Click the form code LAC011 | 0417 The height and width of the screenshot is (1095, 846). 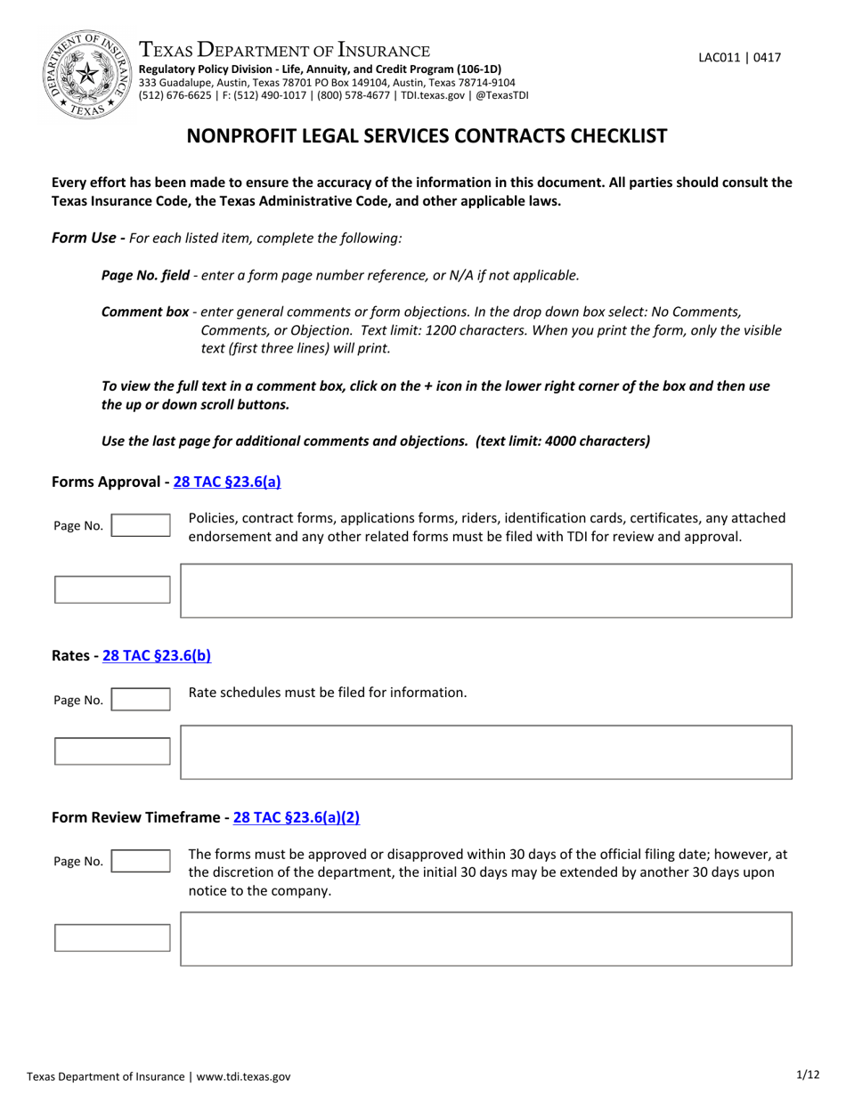(739, 58)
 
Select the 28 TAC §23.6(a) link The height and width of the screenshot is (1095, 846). (227, 482)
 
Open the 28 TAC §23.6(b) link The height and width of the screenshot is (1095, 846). (157, 656)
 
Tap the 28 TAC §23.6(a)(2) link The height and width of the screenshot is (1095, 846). (297, 816)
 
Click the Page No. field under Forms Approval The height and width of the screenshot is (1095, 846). (141, 525)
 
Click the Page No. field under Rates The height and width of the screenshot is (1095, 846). (141, 700)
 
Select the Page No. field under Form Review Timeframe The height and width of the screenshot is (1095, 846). (141, 861)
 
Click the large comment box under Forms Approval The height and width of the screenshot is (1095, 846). (485, 590)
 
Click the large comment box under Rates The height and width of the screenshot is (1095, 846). (485, 752)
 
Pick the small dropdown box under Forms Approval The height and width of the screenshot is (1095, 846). (112, 589)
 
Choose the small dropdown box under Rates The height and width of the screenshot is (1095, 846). (112, 751)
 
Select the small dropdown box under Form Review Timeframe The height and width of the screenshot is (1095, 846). (112, 937)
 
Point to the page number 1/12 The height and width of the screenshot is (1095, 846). (808, 1075)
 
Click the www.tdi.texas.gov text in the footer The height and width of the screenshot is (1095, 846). (243, 1076)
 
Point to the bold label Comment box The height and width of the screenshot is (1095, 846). (145, 312)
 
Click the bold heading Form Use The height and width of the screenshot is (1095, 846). (84, 238)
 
